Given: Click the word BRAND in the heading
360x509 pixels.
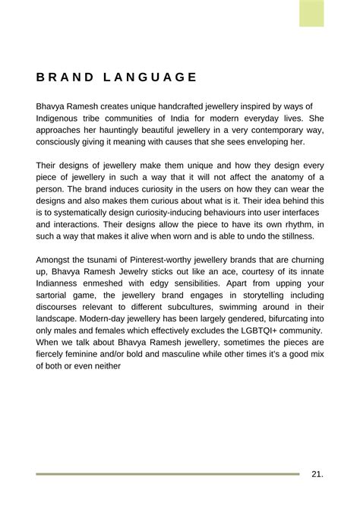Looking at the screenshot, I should click(65, 77).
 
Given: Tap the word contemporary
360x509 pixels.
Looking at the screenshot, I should click(270, 130).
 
